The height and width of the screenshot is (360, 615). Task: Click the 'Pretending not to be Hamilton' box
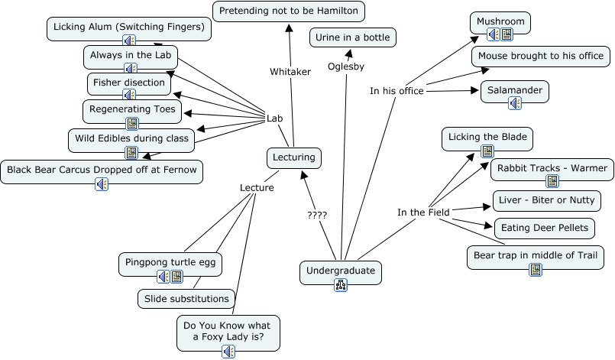(289, 11)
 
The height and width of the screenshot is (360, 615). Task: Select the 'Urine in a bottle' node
(354, 37)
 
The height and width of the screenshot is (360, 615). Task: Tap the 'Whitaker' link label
(290, 72)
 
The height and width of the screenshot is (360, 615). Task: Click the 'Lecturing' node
(294, 157)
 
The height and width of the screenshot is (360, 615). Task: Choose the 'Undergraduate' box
(340, 270)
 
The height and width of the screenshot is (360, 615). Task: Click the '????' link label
(317, 216)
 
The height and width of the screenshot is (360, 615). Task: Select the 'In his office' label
(397, 92)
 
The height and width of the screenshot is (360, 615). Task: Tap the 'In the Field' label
(423, 212)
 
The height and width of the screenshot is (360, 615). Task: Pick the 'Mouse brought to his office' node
(541, 56)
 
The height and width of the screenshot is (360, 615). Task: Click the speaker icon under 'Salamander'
(515, 102)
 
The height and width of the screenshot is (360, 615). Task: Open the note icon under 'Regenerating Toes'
(132, 122)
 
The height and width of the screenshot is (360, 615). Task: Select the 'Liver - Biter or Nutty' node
(546, 201)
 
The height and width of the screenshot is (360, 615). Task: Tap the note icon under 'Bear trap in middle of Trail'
(536, 269)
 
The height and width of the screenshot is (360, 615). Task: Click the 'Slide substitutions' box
(187, 299)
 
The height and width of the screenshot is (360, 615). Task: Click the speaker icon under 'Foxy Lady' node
(228, 351)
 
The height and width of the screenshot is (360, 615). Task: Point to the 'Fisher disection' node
(128, 83)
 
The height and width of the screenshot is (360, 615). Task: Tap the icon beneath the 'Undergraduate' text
(341, 285)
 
